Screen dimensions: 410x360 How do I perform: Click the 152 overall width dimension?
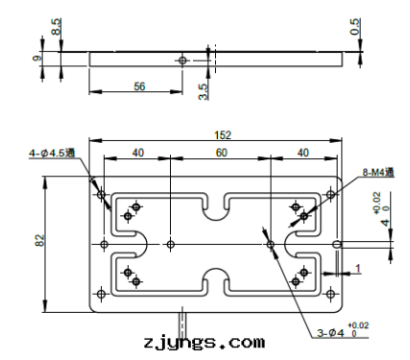(223, 135)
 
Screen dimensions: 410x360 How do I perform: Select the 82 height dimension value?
(39, 240)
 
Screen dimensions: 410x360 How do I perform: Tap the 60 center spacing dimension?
(221, 153)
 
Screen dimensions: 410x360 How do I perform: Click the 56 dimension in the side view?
(139, 86)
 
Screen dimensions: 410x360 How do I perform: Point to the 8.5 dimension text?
(56, 27)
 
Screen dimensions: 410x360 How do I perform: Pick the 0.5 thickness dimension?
(355, 27)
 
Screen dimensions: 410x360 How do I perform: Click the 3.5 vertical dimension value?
(204, 92)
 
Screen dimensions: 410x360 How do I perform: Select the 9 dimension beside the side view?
(37, 59)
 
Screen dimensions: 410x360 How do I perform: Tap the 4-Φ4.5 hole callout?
(52, 153)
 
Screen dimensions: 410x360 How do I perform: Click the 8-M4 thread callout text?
(378, 173)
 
